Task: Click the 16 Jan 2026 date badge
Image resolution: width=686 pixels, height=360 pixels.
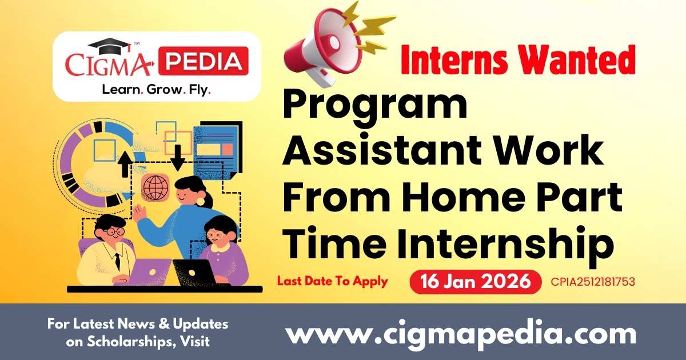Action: (x=475, y=282)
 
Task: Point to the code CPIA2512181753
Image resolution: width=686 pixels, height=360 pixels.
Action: (x=593, y=282)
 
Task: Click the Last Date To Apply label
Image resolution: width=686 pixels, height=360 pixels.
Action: (x=332, y=281)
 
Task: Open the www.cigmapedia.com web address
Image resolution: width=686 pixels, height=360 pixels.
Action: (x=460, y=333)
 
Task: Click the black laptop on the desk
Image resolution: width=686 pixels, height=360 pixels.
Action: (x=194, y=272)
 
